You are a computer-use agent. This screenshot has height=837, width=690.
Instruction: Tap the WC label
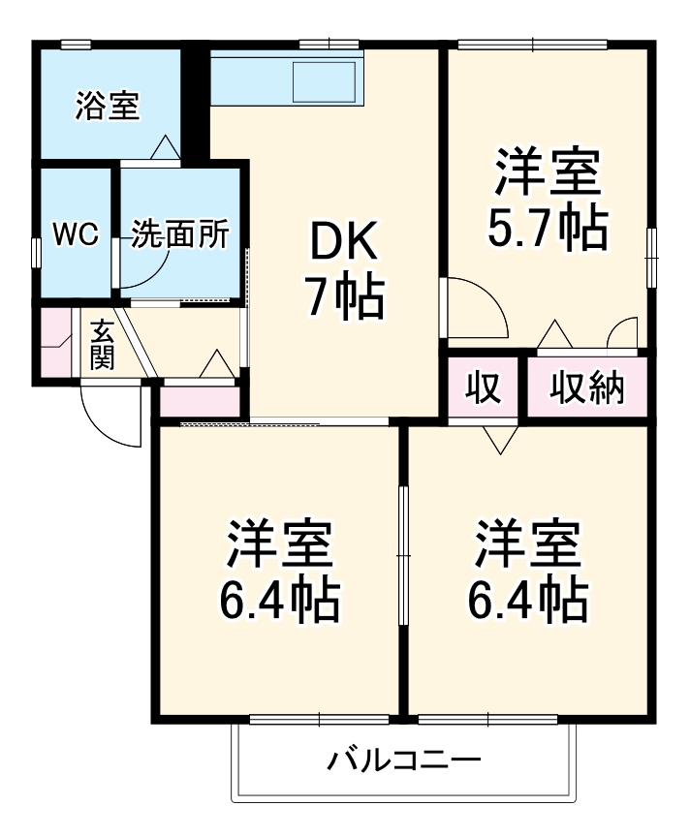pos(76,234)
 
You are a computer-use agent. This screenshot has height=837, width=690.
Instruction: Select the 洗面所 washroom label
pos(179,234)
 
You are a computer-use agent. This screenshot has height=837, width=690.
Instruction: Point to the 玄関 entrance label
pos(103,345)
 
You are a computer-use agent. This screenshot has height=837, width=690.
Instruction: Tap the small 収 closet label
pos(483,387)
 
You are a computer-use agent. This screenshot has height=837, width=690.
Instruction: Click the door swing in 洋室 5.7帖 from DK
pos(475,308)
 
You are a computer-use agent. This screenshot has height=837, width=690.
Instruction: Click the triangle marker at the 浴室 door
pos(166,146)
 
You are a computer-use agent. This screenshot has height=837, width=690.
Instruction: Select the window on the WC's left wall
pos(37,254)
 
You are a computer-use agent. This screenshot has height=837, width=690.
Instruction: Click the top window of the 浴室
pos(76,45)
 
